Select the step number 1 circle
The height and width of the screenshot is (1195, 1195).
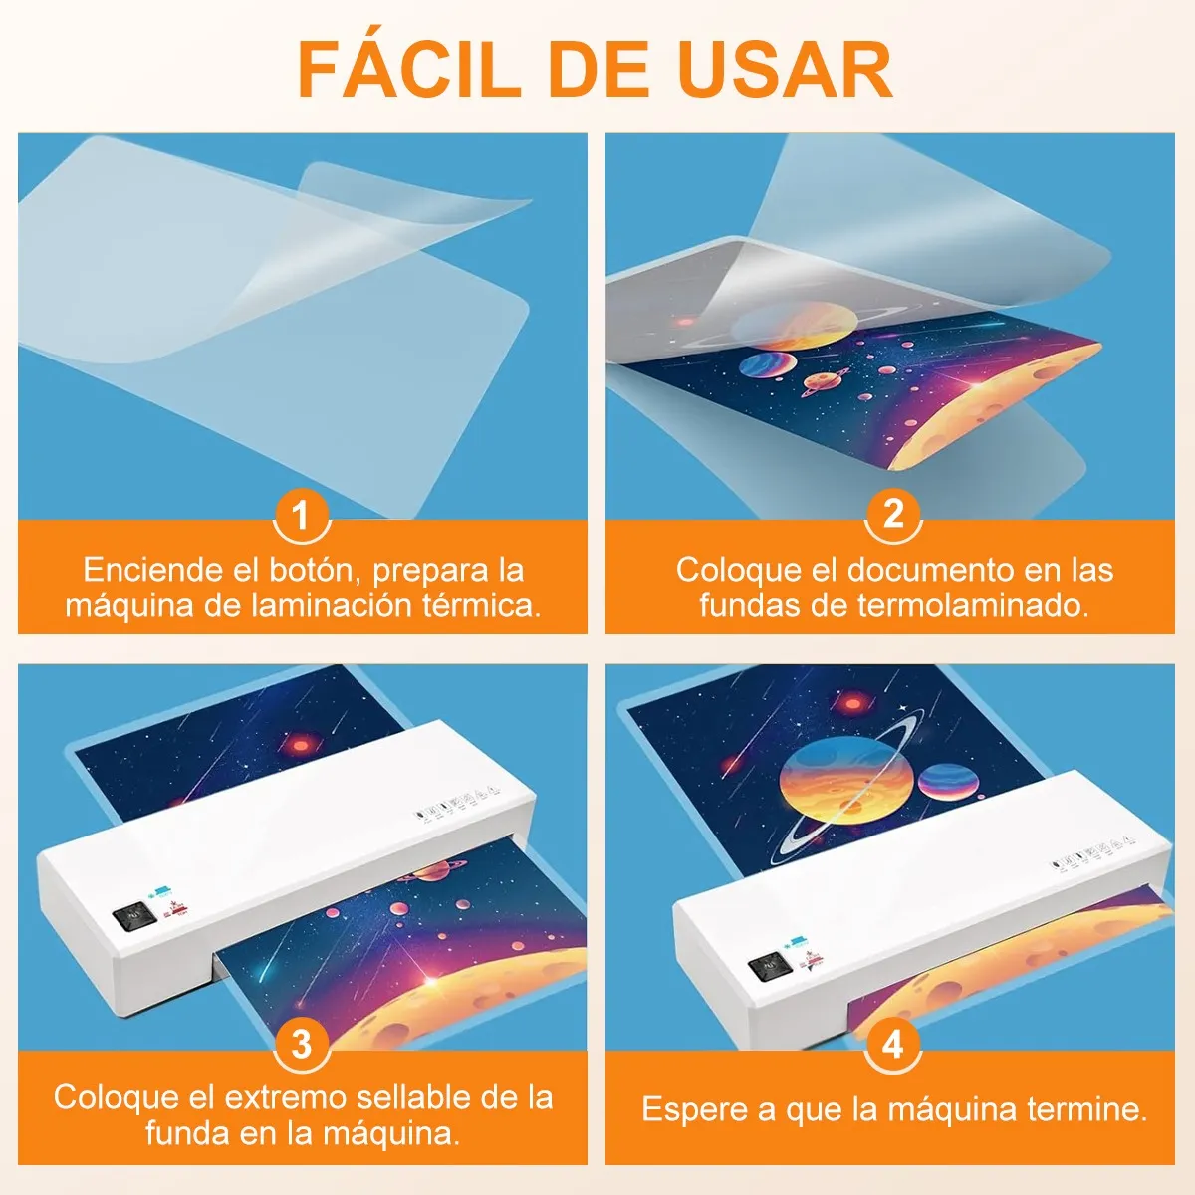[301, 516]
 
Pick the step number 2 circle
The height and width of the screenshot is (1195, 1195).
[893, 514]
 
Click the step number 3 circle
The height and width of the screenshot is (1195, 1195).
[301, 1044]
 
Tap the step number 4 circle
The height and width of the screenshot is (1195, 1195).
[893, 1044]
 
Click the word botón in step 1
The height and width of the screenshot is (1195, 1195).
[312, 570]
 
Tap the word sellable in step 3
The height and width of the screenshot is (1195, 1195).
[413, 1097]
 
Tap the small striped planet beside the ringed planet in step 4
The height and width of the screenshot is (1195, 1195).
[946, 781]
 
